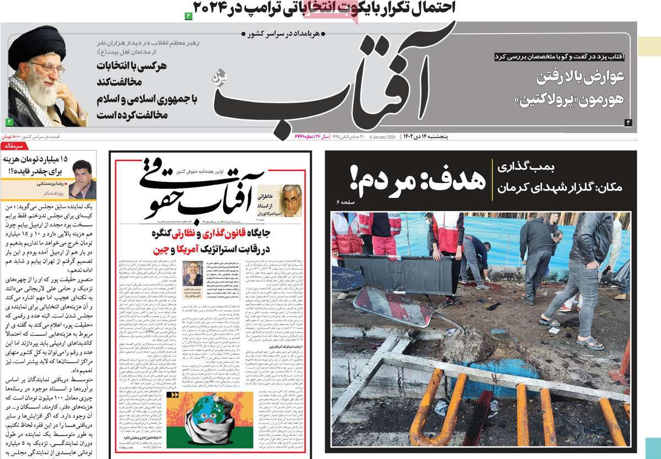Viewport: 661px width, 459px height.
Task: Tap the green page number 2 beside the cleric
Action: pyautogui.click(x=9, y=121)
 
